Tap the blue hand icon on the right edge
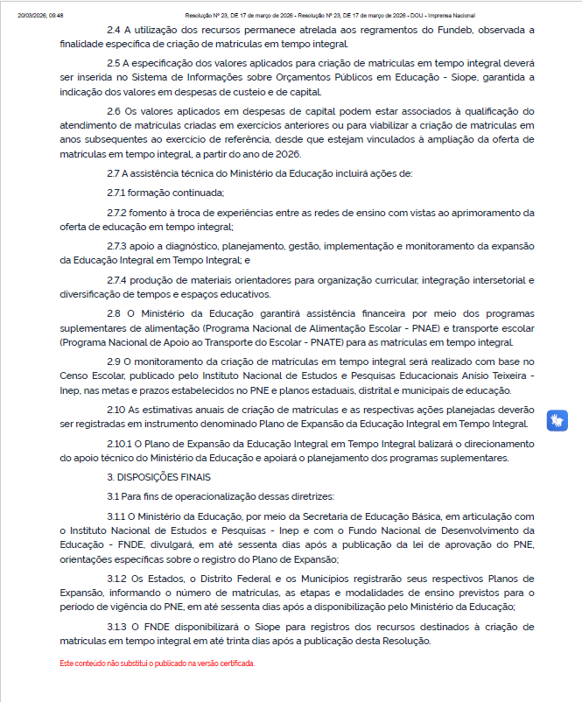tap(557, 419)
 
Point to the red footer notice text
tap(158, 663)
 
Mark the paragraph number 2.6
tap(115, 112)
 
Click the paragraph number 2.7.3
tap(118, 246)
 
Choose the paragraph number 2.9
tap(115, 361)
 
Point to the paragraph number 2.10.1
tap(121, 444)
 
